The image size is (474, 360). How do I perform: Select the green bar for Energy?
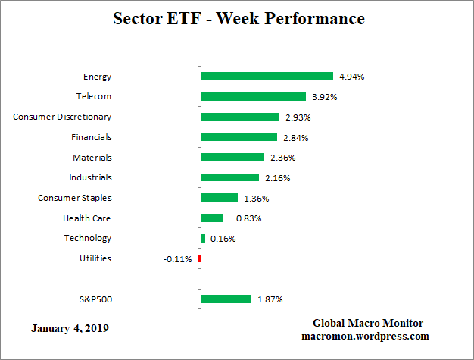point(267,77)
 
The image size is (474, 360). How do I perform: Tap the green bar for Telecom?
point(253,97)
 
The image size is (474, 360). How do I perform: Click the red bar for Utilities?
point(199,258)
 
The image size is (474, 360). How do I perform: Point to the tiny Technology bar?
point(203,238)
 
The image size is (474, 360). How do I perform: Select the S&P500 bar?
point(226,299)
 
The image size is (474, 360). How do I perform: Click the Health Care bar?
point(212,218)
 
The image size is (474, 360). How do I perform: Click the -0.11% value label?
point(177,259)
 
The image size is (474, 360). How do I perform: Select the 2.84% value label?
point(295,137)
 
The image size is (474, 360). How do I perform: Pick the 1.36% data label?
point(255,199)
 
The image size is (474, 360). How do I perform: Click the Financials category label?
point(92,137)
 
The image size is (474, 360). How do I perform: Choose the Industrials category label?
point(91,177)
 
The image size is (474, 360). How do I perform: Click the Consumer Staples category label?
point(75,198)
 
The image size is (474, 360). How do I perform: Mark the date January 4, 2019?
point(70,329)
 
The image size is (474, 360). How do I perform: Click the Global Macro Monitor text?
point(367,324)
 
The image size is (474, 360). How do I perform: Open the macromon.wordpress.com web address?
point(366,336)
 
